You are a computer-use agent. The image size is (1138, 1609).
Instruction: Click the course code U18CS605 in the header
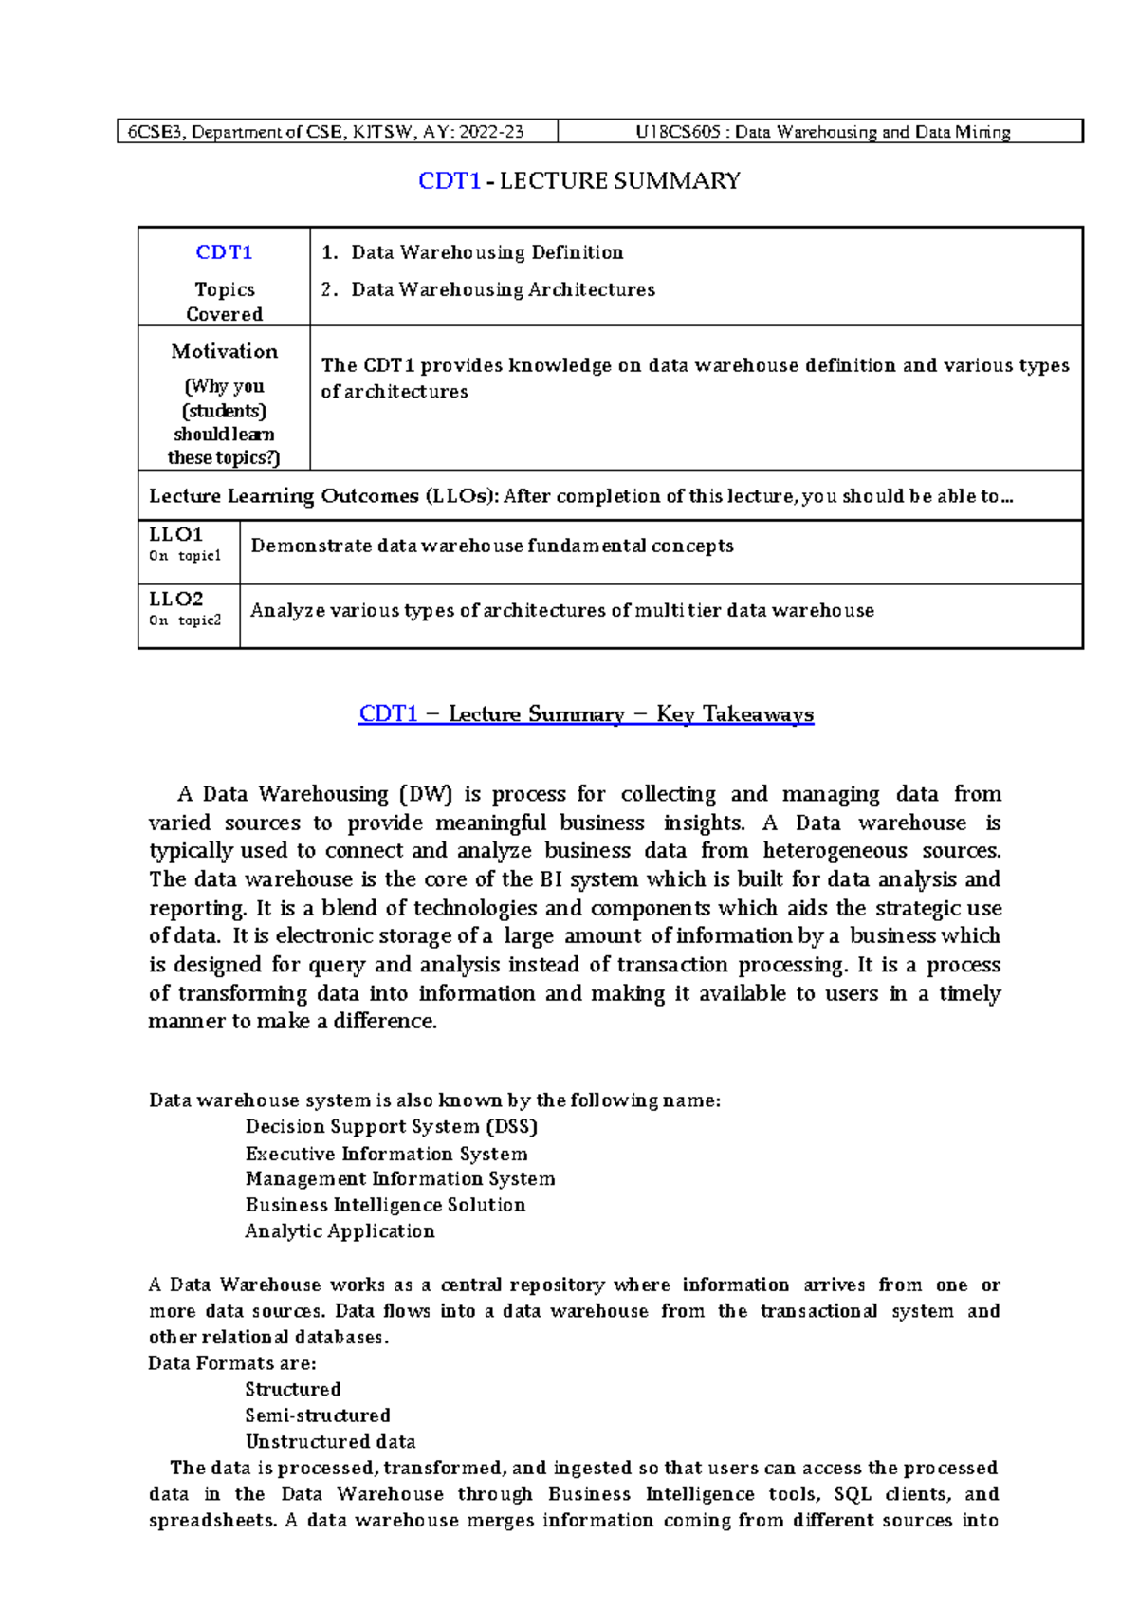point(677,132)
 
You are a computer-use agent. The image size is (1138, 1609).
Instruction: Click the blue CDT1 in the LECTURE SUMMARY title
point(449,181)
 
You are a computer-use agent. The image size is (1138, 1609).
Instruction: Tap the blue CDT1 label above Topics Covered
point(224,252)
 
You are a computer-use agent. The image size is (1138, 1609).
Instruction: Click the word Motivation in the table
point(224,351)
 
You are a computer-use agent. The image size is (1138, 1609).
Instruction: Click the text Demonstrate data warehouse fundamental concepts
point(491,546)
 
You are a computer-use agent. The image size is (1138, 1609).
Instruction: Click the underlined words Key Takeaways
point(734,714)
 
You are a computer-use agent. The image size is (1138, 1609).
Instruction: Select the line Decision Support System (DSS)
point(391,1127)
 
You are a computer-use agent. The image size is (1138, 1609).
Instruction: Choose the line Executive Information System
point(386,1154)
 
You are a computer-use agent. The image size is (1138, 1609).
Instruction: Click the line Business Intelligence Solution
point(385,1205)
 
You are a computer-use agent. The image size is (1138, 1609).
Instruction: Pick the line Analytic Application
point(340,1231)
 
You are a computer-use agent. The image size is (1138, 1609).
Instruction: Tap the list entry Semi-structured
point(318,1415)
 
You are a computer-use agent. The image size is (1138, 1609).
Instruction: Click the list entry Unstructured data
point(330,1442)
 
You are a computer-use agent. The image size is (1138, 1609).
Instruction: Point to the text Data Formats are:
point(232,1363)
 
